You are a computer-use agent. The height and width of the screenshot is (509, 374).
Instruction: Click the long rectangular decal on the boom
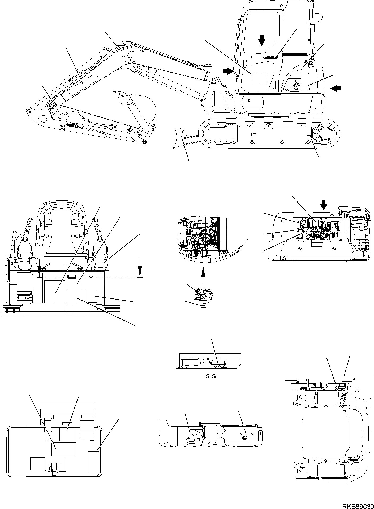coord(83,85)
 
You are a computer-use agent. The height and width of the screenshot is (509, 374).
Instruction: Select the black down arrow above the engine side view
coord(324,204)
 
